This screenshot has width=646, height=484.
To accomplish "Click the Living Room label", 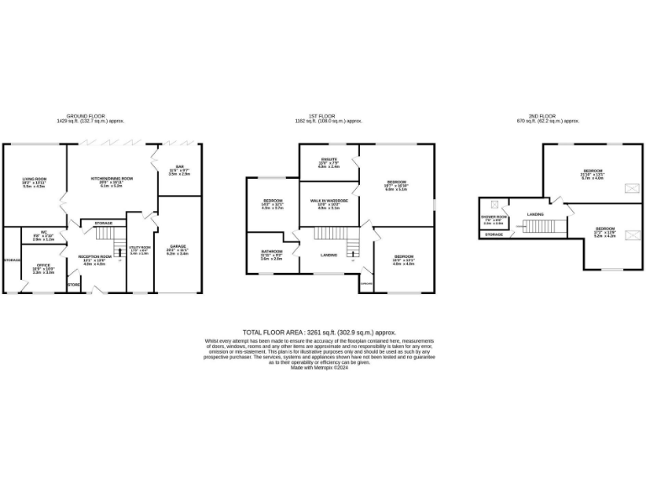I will point(34,179).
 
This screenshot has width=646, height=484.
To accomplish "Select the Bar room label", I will point(179,166).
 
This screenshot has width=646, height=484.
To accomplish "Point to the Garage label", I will point(178,246).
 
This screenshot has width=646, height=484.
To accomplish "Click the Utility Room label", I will point(139,249).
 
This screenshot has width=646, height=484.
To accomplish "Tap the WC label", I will point(43,234).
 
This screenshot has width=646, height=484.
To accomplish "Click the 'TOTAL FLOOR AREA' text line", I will point(318,333).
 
